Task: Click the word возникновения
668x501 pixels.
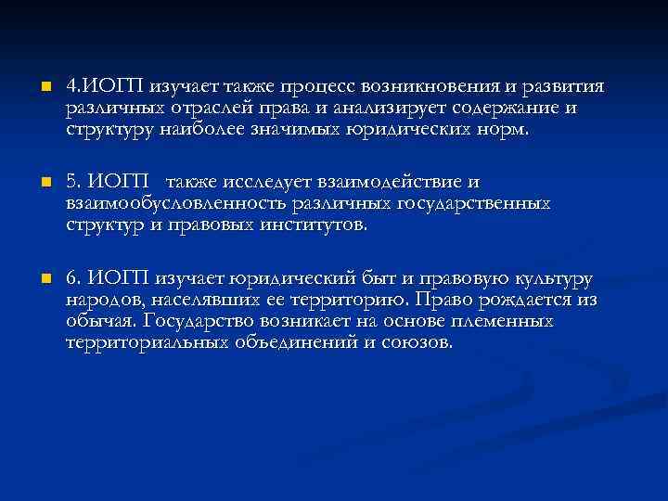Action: tap(432, 88)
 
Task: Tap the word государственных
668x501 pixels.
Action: tap(471, 203)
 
